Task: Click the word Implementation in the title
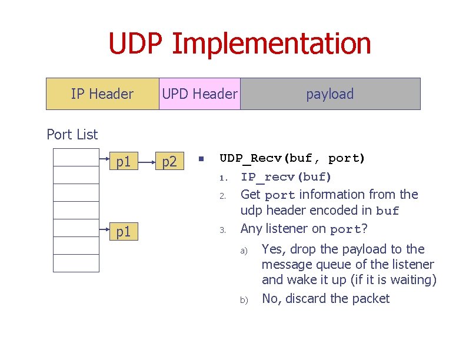[x=272, y=45]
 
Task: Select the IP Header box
[x=102, y=94]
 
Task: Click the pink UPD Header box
[x=199, y=94]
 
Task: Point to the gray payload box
[x=330, y=94]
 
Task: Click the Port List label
[x=72, y=135]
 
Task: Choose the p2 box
[x=169, y=161]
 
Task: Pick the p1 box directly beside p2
[x=123, y=161]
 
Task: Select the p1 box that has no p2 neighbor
[x=123, y=232]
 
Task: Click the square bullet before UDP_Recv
[x=201, y=159]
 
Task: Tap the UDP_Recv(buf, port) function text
[x=292, y=158]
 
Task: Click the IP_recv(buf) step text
[x=286, y=176]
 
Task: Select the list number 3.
[x=222, y=230]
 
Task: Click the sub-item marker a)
[x=243, y=251]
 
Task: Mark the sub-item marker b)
[x=243, y=301]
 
